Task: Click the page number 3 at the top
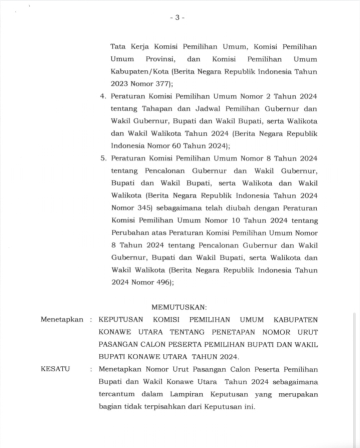(x=177, y=17)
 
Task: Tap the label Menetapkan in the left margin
(x=62, y=319)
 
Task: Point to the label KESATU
(x=55, y=369)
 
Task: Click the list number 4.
(x=103, y=96)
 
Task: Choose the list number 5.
(x=103, y=159)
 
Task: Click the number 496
(x=162, y=282)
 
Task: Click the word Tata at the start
(x=118, y=46)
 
